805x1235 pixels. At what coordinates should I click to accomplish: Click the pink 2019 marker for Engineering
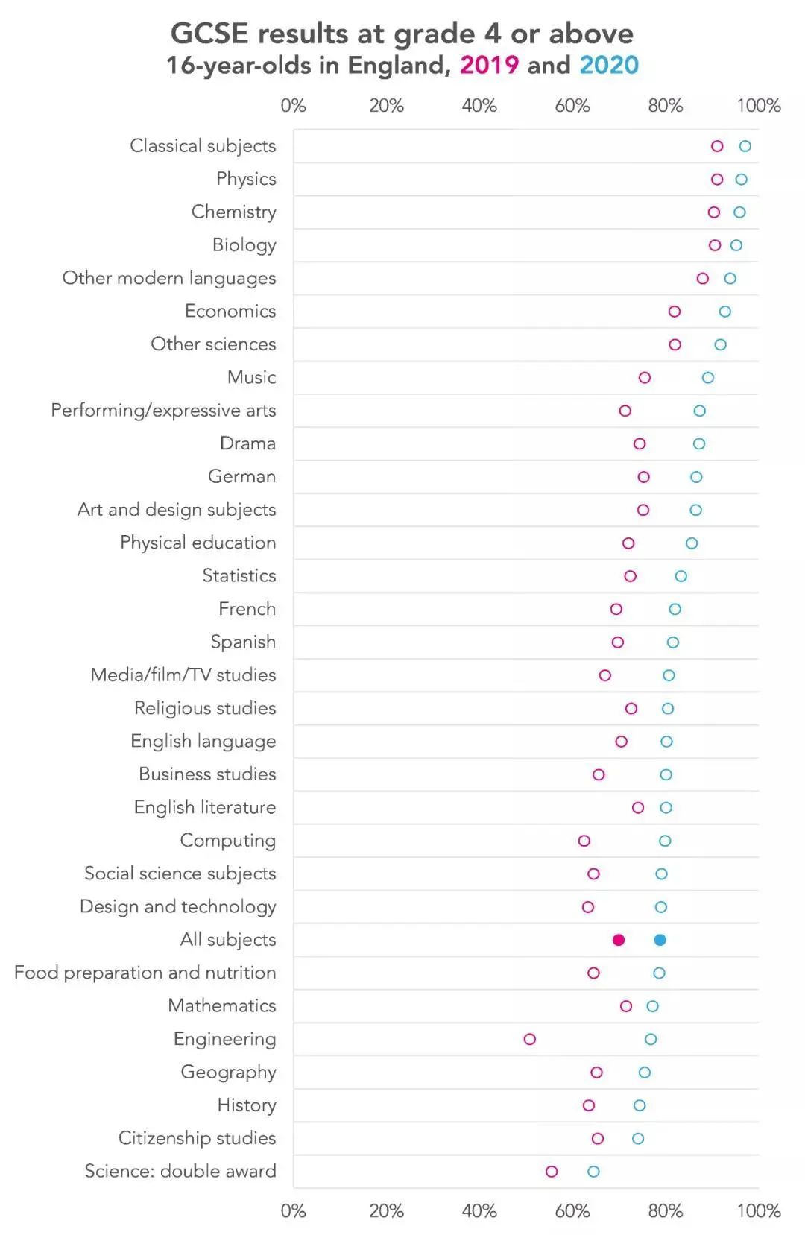pos(529,1039)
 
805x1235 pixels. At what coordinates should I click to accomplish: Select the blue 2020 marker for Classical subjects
pos(745,146)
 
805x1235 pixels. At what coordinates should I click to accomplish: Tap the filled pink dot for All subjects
pos(618,940)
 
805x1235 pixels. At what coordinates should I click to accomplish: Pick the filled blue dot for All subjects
pos(660,940)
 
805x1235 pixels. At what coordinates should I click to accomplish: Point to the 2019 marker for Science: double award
pos(552,1172)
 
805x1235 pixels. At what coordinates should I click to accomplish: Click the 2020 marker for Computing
pos(665,841)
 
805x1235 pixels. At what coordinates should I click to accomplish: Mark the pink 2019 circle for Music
pos(645,378)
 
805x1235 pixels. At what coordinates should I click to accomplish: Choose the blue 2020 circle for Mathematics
pos(652,1006)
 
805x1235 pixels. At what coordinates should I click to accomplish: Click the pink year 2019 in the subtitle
pos(489,66)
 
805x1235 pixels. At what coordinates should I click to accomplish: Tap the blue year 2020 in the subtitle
pos(609,66)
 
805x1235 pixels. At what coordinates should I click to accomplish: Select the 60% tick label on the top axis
pos(572,106)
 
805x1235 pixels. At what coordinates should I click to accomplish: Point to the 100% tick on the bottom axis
pos(758,1210)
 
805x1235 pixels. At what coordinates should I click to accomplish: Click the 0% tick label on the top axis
pos(293,106)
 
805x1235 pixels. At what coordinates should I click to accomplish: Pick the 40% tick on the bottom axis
pos(479,1210)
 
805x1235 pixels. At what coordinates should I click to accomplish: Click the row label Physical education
pos(198,543)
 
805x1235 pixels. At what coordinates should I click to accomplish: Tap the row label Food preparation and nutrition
pos(145,973)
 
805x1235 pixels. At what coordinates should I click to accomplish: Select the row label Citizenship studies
pos(197,1138)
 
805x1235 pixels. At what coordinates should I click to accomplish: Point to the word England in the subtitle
pos(399,66)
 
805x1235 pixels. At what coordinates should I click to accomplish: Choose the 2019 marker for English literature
pos(638,808)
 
